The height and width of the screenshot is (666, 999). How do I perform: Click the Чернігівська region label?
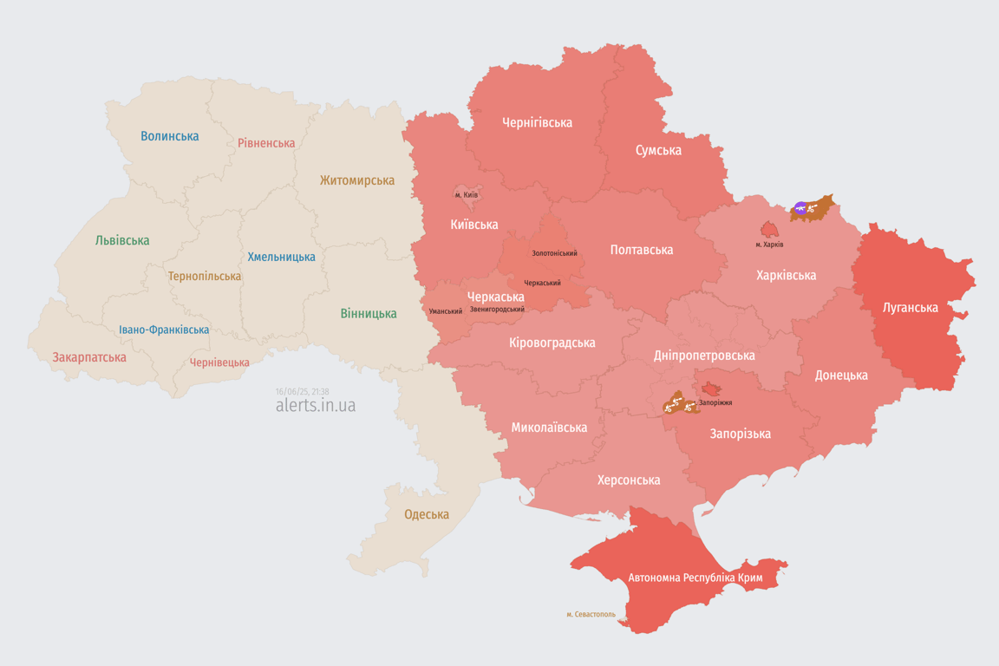click(x=537, y=122)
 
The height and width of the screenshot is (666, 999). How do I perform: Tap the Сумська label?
click(x=658, y=150)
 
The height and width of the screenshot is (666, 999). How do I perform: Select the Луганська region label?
click(x=910, y=307)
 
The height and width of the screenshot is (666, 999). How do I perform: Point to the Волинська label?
click(x=169, y=136)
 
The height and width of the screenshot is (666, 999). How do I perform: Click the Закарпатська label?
click(x=89, y=357)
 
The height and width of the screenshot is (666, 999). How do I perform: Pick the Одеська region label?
click(x=427, y=514)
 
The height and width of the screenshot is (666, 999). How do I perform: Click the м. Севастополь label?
click(x=591, y=615)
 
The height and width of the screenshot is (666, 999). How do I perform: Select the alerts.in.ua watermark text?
click(x=316, y=406)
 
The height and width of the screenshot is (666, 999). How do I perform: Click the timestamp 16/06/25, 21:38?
click(x=303, y=392)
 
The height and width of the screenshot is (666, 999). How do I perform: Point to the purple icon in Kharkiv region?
click(x=800, y=208)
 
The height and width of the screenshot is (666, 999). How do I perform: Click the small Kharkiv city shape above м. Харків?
click(x=769, y=230)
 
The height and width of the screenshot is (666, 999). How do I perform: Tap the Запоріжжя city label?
click(x=715, y=402)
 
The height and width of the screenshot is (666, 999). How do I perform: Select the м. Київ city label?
click(x=466, y=195)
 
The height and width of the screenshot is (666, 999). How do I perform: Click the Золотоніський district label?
click(x=554, y=253)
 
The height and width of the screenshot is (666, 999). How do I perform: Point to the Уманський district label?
click(x=446, y=310)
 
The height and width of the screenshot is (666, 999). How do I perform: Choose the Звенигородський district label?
click(x=497, y=310)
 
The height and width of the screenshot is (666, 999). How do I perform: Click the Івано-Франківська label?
click(x=164, y=330)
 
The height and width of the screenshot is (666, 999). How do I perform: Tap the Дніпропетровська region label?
click(x=704, y=356)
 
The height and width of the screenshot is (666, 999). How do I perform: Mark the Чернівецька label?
click(x=219, y=362)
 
